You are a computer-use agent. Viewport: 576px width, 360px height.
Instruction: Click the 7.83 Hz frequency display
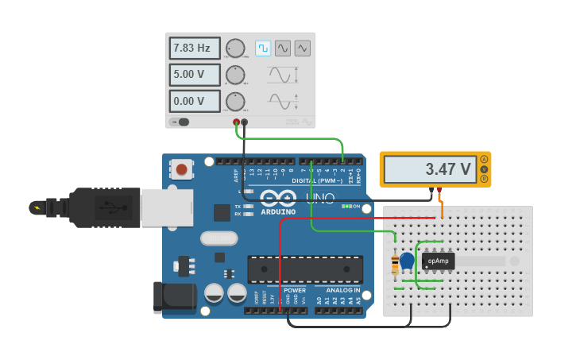195,48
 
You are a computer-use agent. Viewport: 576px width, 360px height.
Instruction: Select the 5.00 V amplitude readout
195,75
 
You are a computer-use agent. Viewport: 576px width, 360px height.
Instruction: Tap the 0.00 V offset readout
195,102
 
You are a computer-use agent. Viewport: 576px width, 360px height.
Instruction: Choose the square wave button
263,48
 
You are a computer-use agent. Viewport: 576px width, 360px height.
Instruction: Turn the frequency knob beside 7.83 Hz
235,48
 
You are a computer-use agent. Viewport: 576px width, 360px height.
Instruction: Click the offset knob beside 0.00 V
235,102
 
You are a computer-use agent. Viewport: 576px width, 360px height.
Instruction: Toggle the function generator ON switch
182,122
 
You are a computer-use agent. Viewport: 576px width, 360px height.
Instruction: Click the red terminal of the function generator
236,122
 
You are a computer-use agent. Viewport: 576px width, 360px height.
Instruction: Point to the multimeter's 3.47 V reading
434,169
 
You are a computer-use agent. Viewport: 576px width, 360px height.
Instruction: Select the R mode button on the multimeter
485,179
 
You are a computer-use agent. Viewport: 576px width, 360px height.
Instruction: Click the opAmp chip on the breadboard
438,261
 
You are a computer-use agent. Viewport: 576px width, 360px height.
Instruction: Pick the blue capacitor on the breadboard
407,261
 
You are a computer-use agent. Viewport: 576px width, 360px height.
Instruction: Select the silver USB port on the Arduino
167,207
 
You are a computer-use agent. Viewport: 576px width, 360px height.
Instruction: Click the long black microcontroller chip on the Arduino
305,269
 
